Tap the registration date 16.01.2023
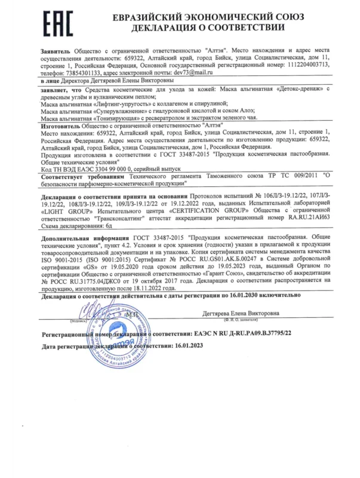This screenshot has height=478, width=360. point(173,346)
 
